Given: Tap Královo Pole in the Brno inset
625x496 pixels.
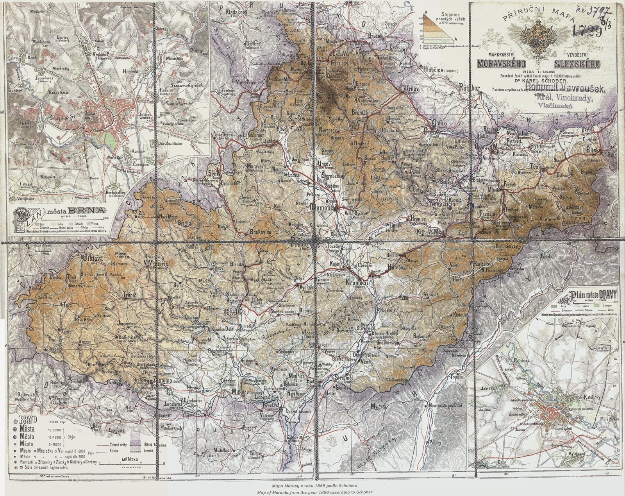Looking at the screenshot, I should click(103, 55).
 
